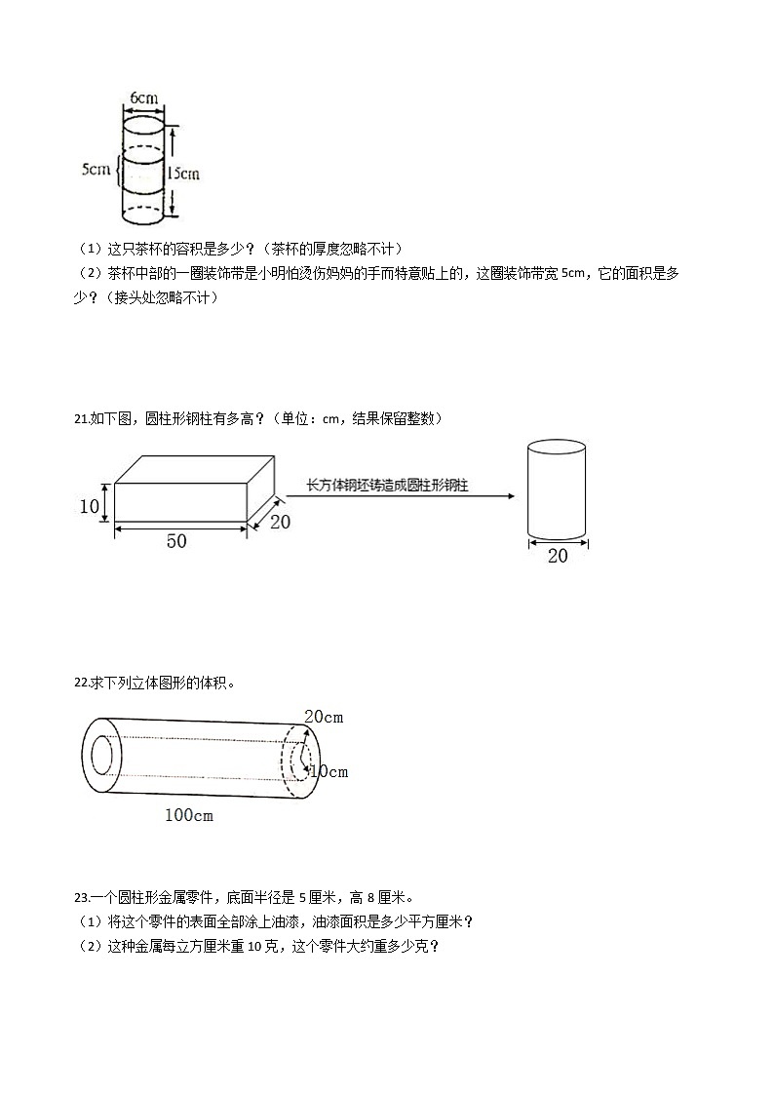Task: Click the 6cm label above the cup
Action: [143, 98]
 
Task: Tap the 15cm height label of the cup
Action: [182, 173]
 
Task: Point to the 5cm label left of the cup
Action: [96, 170]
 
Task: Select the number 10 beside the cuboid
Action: [90, 506]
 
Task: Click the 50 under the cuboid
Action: [176, 541]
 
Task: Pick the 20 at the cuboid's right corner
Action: [280, 522]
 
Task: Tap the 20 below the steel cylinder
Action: [558, 556]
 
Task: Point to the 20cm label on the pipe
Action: [324, 718]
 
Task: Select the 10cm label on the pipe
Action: [329, 772]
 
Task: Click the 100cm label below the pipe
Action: [188, 815]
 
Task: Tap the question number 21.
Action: [81, 418]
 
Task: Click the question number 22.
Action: [81, 684]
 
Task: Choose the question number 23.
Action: [81, 897]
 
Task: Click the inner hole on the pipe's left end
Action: [102, 756]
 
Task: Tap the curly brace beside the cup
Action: [119, 170]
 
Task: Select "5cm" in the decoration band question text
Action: [575, 274]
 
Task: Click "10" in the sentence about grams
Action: [255, 946]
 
